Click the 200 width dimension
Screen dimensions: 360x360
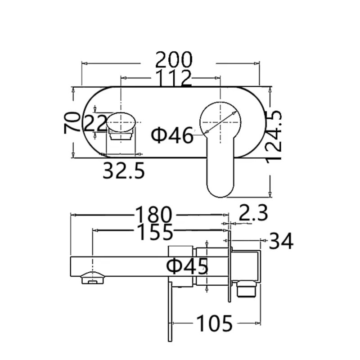(x=174, y=59)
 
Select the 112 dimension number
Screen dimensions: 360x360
(x=174, y=78)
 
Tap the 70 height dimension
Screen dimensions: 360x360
(x=72, y=122)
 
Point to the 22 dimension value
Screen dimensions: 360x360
(x=95, y=122)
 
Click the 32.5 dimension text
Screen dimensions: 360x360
(x=124, y=171)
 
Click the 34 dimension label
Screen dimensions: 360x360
(x=281, y=242)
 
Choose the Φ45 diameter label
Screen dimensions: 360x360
(x=187, y=266)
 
